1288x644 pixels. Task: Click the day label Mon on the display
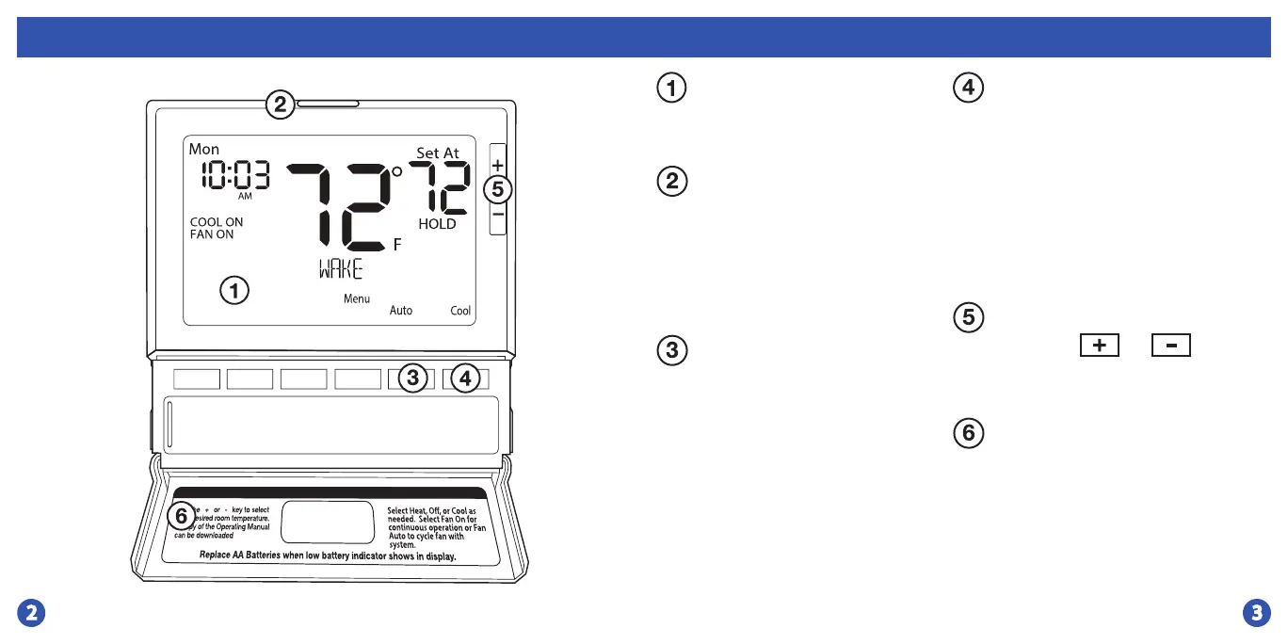point(204,149)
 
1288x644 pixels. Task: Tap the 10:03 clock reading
point(233,174)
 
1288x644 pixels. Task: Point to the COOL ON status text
point(217,222)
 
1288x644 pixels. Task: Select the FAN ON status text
point(212,234)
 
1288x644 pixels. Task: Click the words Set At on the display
point(438,153)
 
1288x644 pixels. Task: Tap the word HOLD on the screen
point(437,224)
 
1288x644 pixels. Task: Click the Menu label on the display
point(357,298)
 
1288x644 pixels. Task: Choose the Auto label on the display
point(401,311)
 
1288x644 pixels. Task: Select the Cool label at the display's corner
point(460,311)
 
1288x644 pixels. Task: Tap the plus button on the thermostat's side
point(498,164)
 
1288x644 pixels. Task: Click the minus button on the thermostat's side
point(498,216)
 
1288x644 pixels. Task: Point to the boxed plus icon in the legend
point(1099,346)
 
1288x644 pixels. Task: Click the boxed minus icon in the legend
point(1171,346)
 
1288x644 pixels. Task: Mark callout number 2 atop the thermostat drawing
point(280,104)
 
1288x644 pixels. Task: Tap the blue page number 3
point(1255,614)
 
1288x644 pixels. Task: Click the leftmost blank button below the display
point(197,378)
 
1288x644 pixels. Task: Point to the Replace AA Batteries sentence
point(328,555)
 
